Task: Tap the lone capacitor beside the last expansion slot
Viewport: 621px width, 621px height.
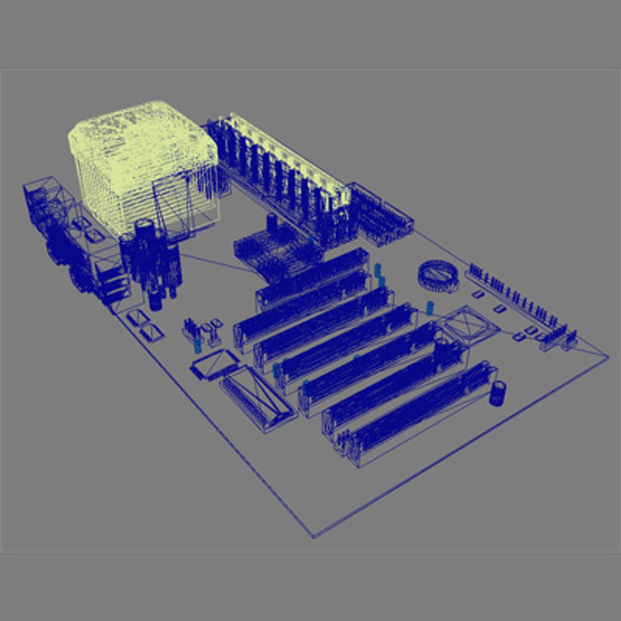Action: pyautogui.click(x=497, y=393)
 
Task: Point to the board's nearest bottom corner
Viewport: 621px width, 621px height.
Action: pyautogui.click(x=313, y=537)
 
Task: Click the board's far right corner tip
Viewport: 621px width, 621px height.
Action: pyautogui.click(x=607, y=356)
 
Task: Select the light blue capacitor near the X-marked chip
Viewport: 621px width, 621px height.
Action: pyautogui.click(x=430, y=308)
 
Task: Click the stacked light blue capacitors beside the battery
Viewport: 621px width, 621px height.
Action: pyautogui.click(x=378, y=275)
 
